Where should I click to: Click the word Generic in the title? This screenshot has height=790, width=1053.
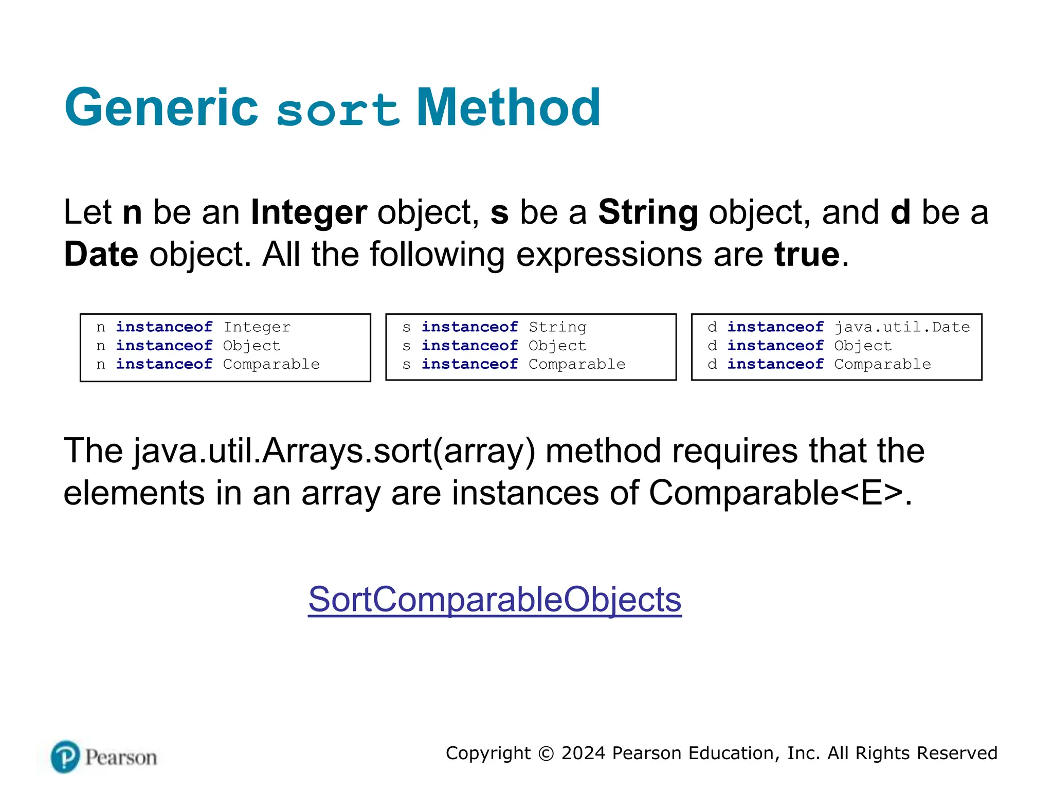click(x=161, y=108)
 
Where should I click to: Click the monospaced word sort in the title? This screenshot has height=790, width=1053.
click(x=338, y=110)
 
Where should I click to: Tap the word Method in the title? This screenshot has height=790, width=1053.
click(x=508, y=108)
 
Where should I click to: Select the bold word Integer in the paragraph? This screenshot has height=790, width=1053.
click(x=308, y=212)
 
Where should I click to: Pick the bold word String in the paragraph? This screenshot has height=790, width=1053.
click(x=648, y=212)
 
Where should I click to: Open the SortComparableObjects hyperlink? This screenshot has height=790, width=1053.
click(x=495, y=600)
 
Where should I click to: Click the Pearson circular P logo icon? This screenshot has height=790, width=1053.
click(x=65, y=757)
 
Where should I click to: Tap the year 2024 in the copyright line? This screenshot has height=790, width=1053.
click(x=583, y=753)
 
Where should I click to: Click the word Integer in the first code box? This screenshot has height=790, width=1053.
click(x=257, y=327)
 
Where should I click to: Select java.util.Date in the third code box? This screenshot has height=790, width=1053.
click(x=902, y=327)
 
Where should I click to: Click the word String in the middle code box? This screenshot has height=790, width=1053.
click(x=557, y=327)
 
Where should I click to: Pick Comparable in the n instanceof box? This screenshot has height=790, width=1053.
click(x=271, y=364)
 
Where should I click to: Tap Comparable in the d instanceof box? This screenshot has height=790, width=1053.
click(x=882, y=364)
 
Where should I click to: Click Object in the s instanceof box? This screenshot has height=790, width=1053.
click(x=557, y=346)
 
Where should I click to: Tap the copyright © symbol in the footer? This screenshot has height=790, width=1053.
click(x=546, y=753)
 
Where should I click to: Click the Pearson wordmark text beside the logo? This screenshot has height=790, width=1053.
click(x=121, y=758)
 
